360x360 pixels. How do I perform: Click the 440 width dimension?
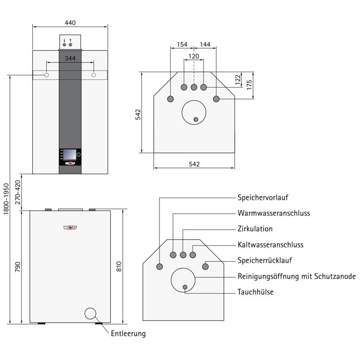coord(70,22)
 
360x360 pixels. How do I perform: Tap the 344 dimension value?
coord(70,58)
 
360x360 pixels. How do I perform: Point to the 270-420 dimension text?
coord(17,192)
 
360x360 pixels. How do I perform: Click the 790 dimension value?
coord(17,267)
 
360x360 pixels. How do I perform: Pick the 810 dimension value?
coord(119,267)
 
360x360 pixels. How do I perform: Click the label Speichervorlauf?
coord(263,197)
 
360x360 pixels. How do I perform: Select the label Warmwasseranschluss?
coord(274,213)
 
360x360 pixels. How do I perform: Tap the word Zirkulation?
coord(255,229)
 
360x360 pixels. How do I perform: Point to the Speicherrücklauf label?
coord(265,260)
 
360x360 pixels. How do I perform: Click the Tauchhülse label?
coord(255,292)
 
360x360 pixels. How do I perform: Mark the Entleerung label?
coord(128,333)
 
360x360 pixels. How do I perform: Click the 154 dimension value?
coord(182,44)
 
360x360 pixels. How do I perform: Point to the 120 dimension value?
coord(194,56)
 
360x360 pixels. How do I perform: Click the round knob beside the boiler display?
coord(79,155)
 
